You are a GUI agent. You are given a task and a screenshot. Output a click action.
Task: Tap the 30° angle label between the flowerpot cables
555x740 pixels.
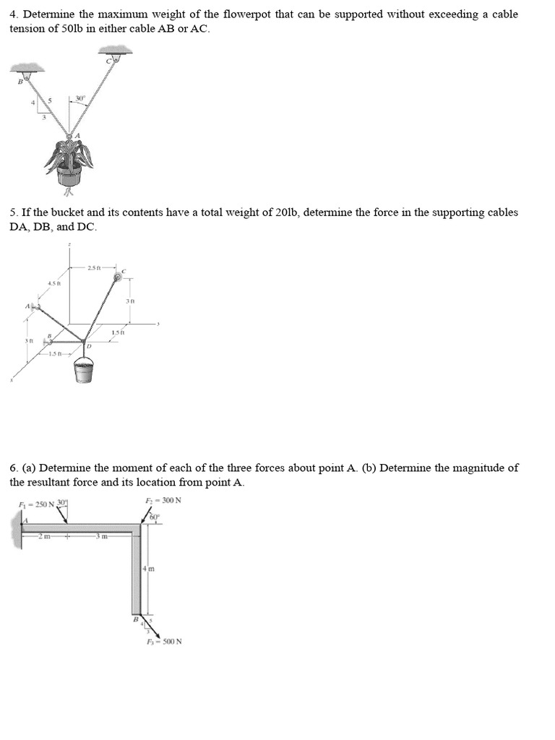[x=81, y=98]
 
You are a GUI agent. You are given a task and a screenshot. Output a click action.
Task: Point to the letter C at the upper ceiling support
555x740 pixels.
[x=108, y=61]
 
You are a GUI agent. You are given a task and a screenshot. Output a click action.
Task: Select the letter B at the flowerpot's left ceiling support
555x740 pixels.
[x=20, y=82]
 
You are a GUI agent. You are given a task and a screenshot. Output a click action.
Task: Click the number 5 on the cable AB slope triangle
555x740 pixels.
[x=49, y=100]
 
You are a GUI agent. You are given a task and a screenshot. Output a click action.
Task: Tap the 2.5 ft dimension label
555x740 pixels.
[x=94, y=268]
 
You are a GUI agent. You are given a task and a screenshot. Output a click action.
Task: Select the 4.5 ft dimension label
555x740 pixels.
[x=53, y=283]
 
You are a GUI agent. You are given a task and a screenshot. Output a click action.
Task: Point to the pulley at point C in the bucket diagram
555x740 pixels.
[x=116, y=276]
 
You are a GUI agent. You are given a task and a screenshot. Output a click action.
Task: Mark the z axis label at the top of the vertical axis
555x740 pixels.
[x=69, y=246]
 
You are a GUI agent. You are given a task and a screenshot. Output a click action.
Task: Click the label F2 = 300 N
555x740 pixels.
[x=163, y=500]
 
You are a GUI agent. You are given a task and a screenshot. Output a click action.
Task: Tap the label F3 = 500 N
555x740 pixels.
[x=164, y=641]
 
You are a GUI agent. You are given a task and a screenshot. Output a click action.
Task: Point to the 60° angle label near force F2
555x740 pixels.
[x=154, y=515]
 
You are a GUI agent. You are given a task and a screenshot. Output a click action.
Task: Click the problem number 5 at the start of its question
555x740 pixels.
[x=13, y=212]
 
